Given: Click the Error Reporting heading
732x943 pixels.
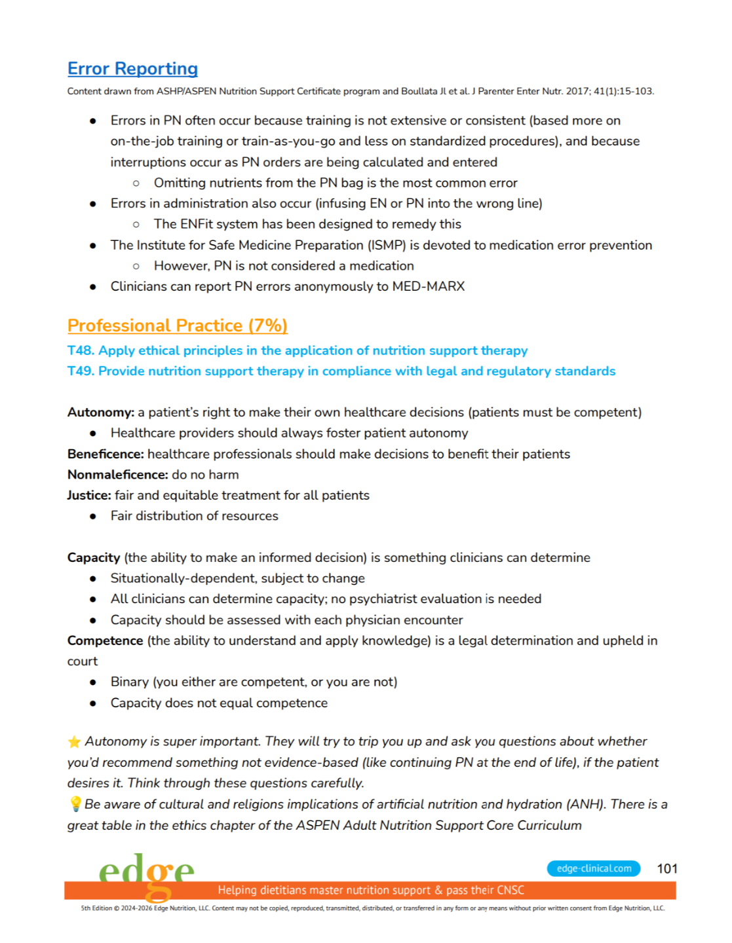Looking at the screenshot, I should (x=132, y=69).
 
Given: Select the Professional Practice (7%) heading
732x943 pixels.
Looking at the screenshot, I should (x=177, y=325).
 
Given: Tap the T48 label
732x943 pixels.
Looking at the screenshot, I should (x=80, y=350).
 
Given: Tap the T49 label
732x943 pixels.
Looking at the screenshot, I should (x=80, y=371).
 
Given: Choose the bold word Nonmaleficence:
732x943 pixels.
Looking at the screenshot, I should (x=117, y=475).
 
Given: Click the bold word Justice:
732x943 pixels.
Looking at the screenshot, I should (x=89, y=496).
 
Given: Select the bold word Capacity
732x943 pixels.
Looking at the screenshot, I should (x=93, y=558).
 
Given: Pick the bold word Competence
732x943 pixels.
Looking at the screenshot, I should (x=105, y=641).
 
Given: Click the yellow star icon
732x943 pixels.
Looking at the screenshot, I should (x=74, y=742).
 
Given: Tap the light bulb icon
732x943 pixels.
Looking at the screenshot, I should (x=75, y=804).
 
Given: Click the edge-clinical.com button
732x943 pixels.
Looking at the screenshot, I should (x=593, y=869).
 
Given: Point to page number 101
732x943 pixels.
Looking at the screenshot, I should (x=666, y=869).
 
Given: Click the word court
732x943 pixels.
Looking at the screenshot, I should (x=83, y=661).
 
